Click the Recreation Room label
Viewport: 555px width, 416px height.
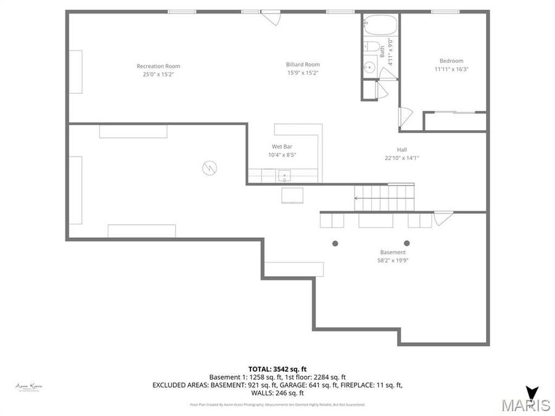(x=158, y=66)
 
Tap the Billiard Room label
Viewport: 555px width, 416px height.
(x=303, y=64)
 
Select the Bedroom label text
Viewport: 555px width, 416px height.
(x=451, y=60)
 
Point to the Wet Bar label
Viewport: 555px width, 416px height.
(x=282, y=147)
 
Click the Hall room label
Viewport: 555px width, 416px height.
(x=401, y=149)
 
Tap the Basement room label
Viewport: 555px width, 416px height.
(x=393, y=252)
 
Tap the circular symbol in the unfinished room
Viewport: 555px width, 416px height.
(x=210, y=168)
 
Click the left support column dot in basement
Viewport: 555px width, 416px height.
(x=335, y=243)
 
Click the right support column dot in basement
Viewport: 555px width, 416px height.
(x=406, y=243)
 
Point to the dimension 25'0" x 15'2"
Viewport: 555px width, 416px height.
(x=158, y=75)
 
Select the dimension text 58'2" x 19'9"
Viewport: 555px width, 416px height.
(x=393, y=261)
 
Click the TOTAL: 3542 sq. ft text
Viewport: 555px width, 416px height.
(x=277, y=368)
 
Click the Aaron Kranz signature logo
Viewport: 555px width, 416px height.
(x=29, y=386)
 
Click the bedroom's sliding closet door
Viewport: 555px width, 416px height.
(x=455, y=112)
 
